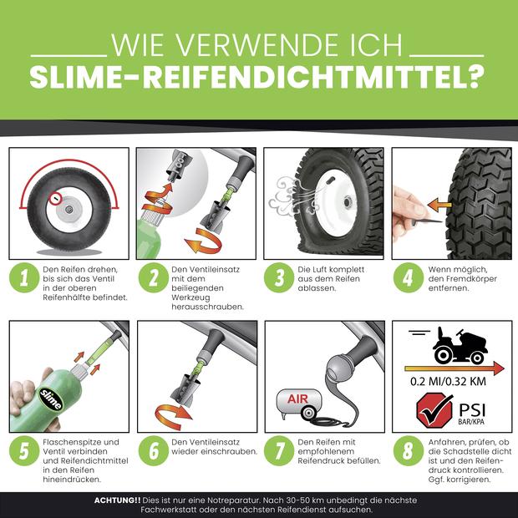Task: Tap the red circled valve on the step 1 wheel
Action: tap(54, 198)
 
